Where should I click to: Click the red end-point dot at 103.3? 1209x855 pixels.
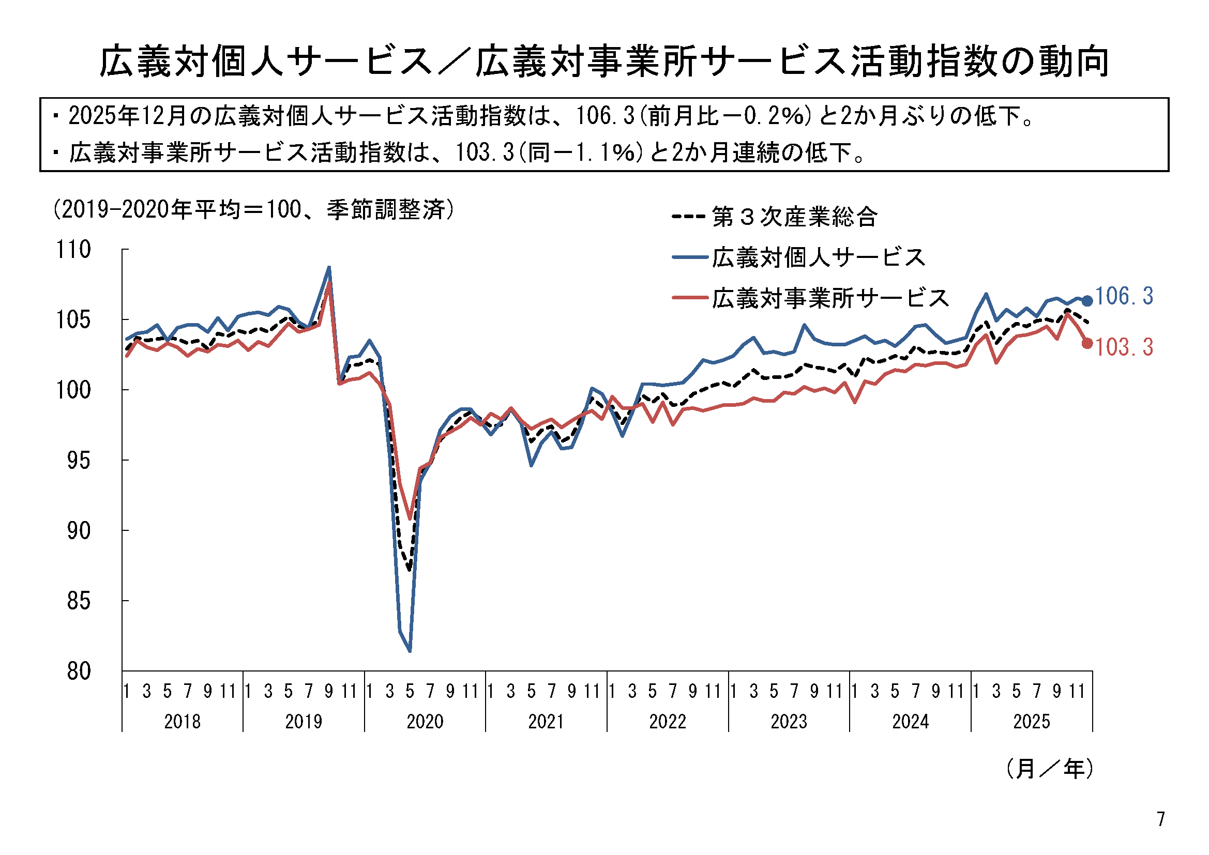coord(1087,343)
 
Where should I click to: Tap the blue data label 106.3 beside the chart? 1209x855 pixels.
coord(1124,296)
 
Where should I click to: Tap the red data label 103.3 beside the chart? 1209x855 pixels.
coord(1124,347)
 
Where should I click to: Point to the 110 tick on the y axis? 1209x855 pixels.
coord(73,250)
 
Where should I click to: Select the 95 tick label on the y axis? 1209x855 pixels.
coord(79,461)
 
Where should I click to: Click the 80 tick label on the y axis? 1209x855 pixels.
coord(79,672)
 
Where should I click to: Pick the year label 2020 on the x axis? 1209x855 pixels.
coord(425,721)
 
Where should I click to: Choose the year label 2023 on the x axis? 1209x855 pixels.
coord(788,721)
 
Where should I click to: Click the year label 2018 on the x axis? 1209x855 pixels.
coord(182,721)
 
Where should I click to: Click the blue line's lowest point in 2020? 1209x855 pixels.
coord(410,651)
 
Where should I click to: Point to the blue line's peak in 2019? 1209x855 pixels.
coord(329,267)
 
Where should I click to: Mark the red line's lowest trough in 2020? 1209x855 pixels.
coord(410,518)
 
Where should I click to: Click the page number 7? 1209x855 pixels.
coord(1160,819)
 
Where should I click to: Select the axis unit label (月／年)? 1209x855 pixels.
coord(1049,769)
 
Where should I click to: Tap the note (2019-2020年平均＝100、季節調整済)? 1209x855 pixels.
coord(253,210)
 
